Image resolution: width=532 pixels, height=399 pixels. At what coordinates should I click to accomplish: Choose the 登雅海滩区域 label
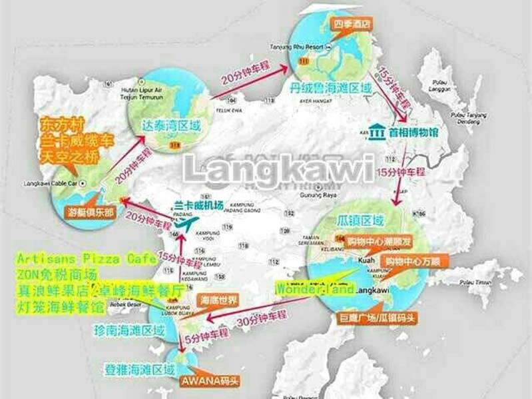(140, 368)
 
